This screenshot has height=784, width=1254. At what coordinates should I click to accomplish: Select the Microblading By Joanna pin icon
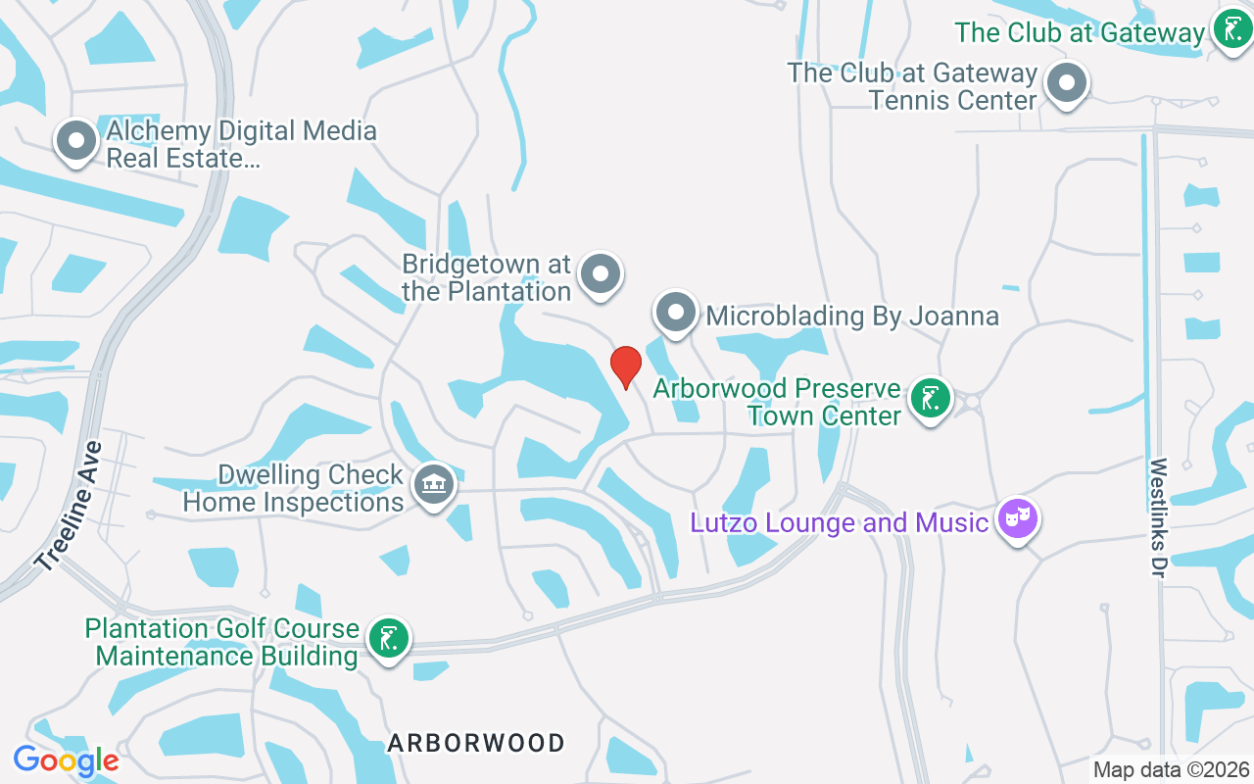coord(675,313)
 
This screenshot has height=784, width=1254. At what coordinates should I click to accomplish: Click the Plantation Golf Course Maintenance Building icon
coord(388,638)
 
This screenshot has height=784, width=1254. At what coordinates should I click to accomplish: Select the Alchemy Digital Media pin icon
coord(76,142)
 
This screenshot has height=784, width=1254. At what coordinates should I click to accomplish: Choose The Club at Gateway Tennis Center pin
coord(1066,83)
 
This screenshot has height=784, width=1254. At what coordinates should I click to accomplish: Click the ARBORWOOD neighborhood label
coord(476,743)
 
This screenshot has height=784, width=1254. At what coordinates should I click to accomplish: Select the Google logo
coord(66,760)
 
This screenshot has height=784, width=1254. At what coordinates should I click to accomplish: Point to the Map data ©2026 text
coord(1172,770)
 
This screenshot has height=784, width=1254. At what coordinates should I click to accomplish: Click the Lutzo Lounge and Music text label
coord(839,522)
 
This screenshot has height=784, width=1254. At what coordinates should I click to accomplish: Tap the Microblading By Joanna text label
coord(851,316)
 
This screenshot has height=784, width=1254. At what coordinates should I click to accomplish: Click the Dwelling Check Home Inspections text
coord(294,489)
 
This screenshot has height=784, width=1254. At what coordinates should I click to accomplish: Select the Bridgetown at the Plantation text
coord(487,277)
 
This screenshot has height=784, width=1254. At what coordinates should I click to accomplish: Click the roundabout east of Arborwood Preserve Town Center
coord(972,401)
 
